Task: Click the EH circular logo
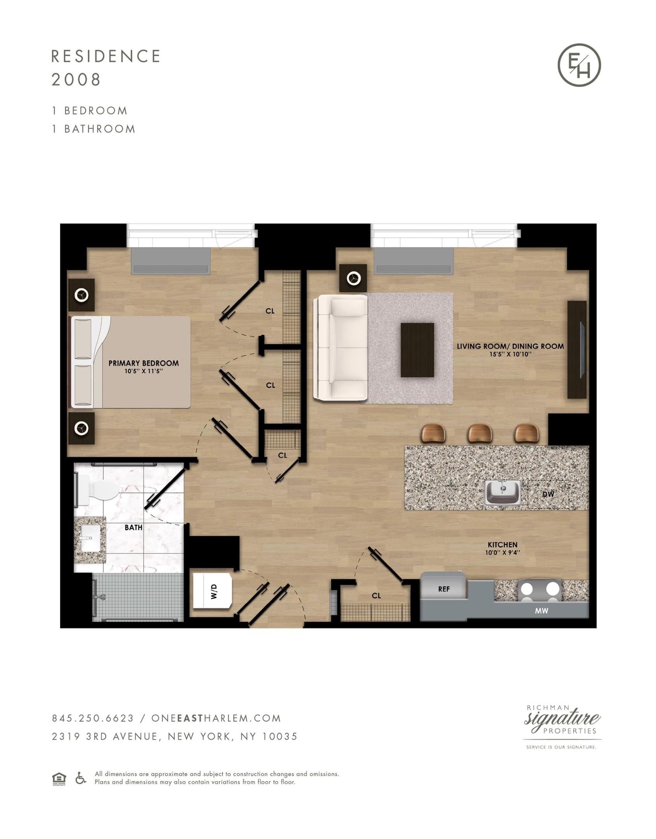click(579, 65)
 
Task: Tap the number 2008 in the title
click(76, 80)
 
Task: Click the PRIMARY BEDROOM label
click(144, 363)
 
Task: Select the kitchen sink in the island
click(503, 493)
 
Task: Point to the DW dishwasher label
click(548, 494)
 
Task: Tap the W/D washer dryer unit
click(213, 590)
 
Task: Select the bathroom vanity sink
click(90, 538)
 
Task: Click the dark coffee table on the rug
click(417, 350)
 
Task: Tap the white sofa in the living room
click(341, 347)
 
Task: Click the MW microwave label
click(541, 611)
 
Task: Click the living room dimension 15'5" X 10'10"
click(510, 354)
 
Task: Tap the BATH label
click(134, 528)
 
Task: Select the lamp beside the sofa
click(353, 278)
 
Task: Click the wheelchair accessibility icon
click(81, 778)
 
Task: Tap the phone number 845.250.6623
click(93, 718)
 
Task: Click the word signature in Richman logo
click(562, 719)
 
